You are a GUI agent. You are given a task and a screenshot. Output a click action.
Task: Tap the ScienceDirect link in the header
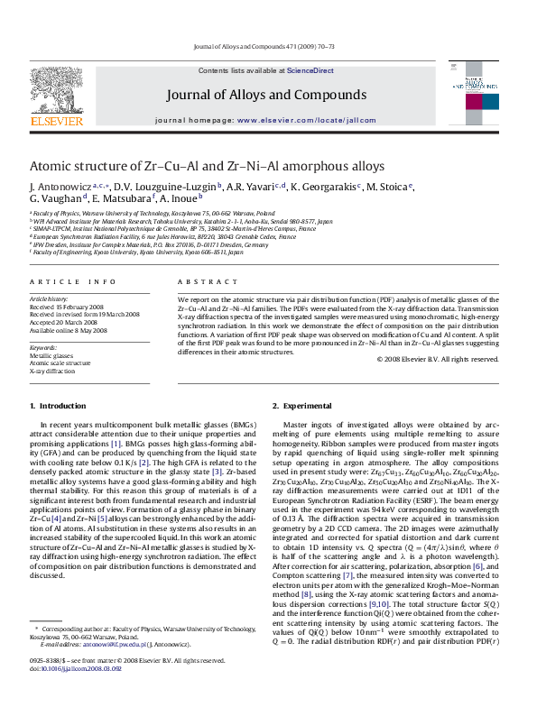(310, 70)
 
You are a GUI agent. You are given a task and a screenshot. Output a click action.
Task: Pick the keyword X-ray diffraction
(52, 371)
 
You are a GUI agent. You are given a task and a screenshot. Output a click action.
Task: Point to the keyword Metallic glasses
(51, 355)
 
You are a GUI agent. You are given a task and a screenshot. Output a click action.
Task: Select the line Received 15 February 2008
(71, 306)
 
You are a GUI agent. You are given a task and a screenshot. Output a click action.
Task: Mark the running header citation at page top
(264, 46)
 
